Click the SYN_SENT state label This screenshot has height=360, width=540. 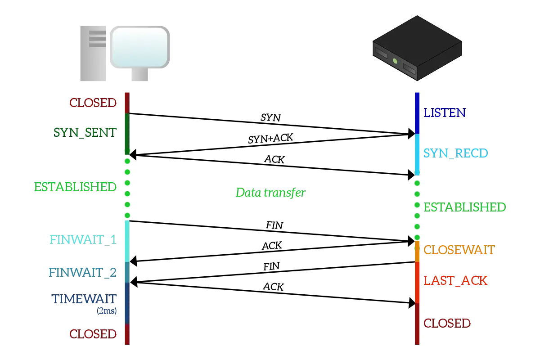click(x=86, y=131)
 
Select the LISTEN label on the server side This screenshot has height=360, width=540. click(x=445, y=112)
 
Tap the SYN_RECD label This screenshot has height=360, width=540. click(x=456, y=153)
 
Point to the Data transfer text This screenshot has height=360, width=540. click(x=270, y=193)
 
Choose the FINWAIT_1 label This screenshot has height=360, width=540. click(x=83, y=239)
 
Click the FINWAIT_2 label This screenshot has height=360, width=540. click(x=83, y=272)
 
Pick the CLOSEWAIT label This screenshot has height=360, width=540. click(x=459, y=250)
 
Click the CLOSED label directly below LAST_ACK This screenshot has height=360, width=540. click(x=447, y=323)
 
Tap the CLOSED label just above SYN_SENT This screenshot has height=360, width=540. click(x=93, y=103)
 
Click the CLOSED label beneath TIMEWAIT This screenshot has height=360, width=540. click(x=93, y=333)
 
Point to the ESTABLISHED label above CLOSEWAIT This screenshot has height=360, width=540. click(x=465, y=207)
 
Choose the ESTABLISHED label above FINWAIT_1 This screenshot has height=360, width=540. click(x=75, y=187)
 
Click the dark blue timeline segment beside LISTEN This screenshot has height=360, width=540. click(x=418, y=112)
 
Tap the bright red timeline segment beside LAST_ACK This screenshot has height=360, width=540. click(x=418, y=282)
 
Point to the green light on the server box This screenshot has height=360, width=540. click(x=395, y=61)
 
